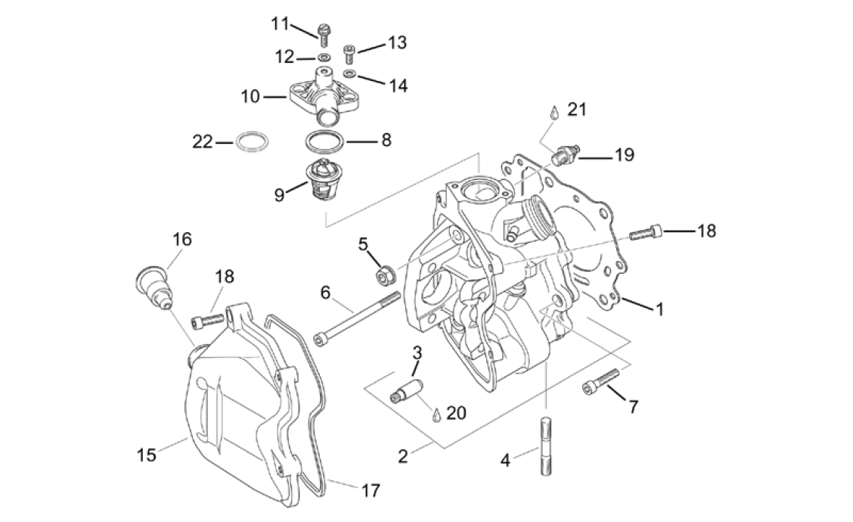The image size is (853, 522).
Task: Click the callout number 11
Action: [x=281, y=23]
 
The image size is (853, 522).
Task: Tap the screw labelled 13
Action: [x=349, y=54]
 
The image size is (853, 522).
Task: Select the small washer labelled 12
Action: [x=324, y=57]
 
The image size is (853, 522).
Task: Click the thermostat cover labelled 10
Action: [x=318, y=97]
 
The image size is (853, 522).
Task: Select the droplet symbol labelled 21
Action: [x=554, y=112]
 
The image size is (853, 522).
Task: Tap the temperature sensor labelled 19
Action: [x=566, y=155]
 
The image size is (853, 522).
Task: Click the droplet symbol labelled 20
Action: [x=436, y=415]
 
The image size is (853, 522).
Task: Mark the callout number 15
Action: [x=146, y=455]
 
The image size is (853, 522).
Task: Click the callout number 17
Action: [x=370, y=489]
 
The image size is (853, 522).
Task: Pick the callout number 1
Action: [x=659, y=309]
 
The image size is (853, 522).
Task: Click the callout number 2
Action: [x=403, y=456]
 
